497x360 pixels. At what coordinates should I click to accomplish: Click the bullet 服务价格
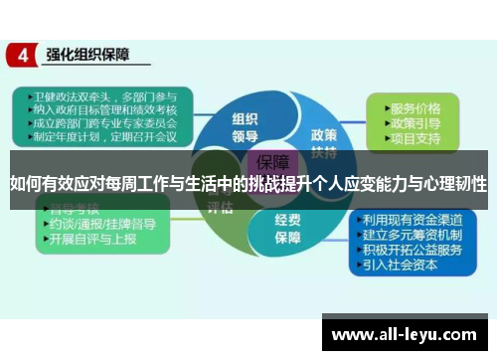point(415,107)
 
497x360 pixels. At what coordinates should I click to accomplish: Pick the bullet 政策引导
point(415,123)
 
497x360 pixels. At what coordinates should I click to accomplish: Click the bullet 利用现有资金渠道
point(413,220)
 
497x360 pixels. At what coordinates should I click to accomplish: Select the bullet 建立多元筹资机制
point(413,235)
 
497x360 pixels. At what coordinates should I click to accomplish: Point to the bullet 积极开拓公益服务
point(413,250)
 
